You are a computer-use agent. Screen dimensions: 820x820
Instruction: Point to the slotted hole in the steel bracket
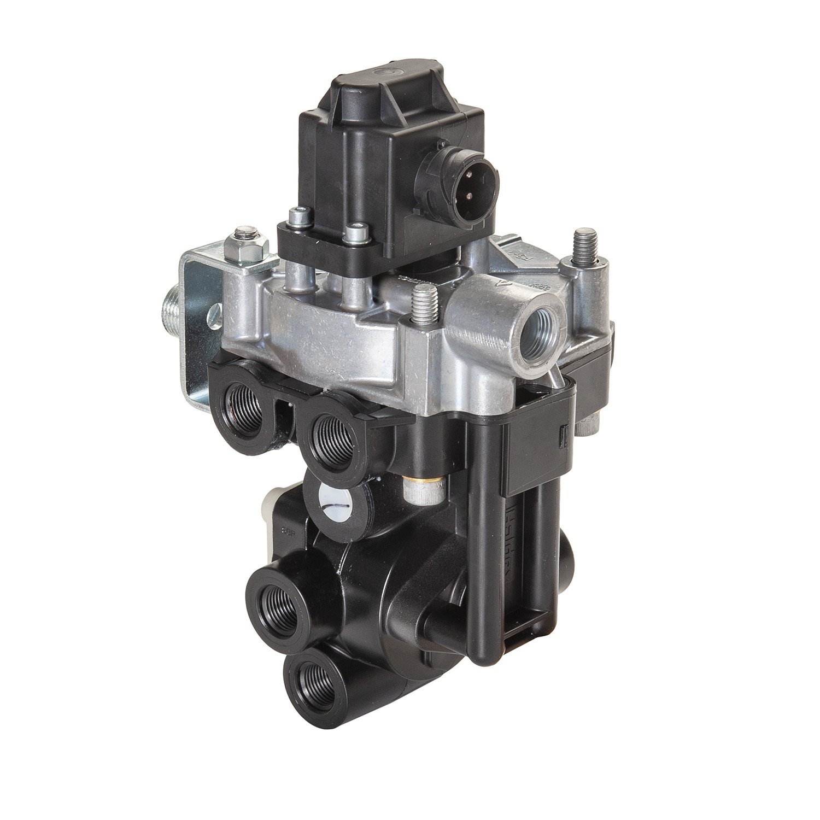click(x=212, y=317)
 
